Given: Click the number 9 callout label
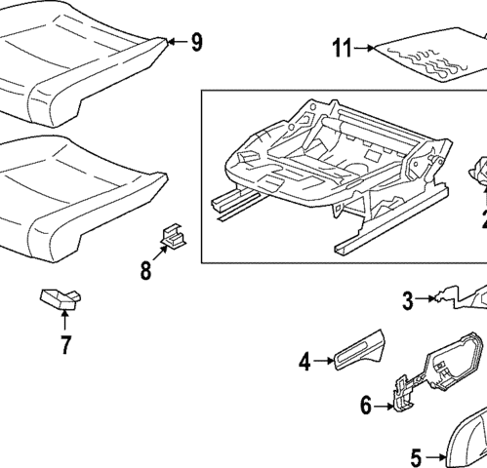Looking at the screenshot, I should click(196, 42).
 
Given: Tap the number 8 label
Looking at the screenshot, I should click(145, 270).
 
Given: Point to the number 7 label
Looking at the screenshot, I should click(65, 344).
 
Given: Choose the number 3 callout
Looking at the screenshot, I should click(408, 301).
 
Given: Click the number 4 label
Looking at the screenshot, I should click(304, 363).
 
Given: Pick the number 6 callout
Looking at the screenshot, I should click(365, 406).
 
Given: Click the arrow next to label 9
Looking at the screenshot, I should click(174, 42).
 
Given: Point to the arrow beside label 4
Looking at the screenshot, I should click(326, 363).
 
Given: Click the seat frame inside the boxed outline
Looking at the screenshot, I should click(322, 166).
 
